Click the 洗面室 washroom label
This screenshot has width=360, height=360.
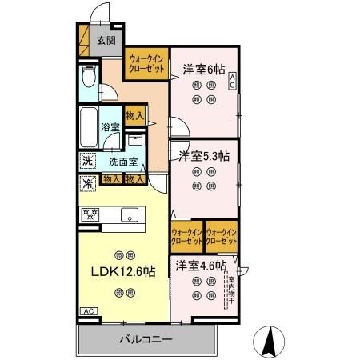coord(123,161)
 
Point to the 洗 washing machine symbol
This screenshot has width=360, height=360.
coord(87,161)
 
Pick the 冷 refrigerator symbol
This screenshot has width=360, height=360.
coord(87,183)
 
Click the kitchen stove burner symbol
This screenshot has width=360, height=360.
coord(90,214)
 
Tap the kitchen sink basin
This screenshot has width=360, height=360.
coord(128,214)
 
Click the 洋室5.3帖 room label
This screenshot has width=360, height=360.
coord(204,155)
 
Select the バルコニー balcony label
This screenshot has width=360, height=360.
coord(146,339)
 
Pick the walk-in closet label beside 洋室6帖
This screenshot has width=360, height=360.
coord(146,64)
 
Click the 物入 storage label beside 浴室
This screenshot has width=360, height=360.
coord(134,117)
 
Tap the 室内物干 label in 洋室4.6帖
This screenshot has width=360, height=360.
coord(230,286)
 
